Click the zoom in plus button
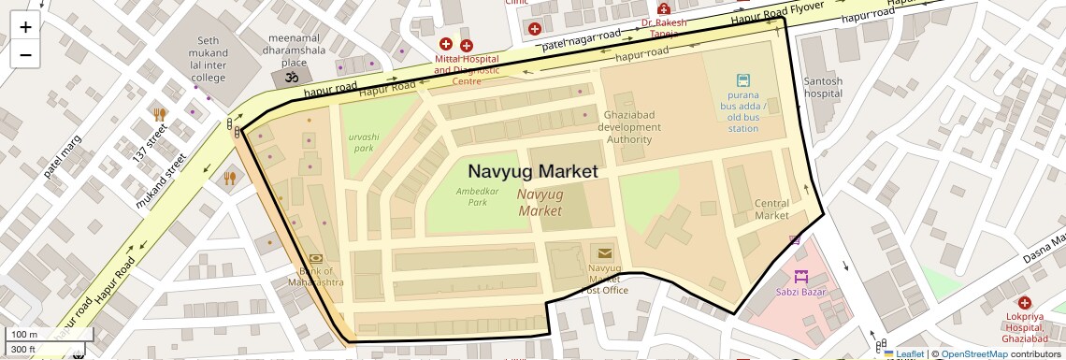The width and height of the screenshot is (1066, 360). pos(25,27)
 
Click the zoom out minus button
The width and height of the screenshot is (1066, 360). pos(25,55)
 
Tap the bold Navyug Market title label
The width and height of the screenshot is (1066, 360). pos(532,172)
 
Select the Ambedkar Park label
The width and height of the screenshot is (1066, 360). pos(471,196)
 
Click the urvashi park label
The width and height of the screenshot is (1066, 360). pos(361,142)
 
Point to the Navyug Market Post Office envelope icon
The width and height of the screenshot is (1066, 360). pos(604,252)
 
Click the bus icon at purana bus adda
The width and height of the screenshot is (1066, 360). pos(743,81)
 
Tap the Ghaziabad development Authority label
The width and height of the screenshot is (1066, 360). pos(629,127)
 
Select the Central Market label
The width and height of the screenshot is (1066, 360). pos(771,209)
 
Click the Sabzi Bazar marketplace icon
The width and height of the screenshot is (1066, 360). pos(800,277)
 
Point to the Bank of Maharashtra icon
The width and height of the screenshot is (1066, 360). pos(315,259)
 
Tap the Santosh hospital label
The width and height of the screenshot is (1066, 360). pos(823,87)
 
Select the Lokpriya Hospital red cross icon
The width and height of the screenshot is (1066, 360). pos(1025,303)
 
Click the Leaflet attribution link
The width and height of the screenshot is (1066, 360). pos(905,353)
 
